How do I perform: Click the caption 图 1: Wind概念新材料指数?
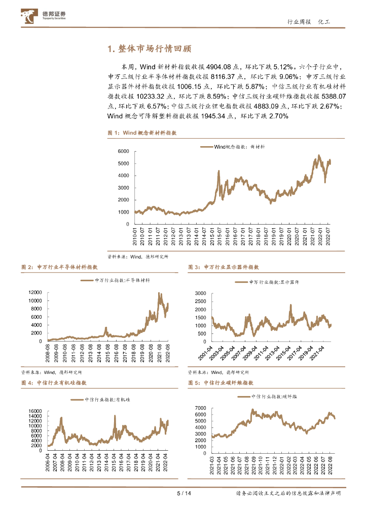coord(142,133)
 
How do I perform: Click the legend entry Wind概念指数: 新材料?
coord(236,146)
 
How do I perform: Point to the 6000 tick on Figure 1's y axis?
coord(123,152)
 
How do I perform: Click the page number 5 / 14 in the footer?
coord(183,494)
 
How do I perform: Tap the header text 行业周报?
coord(299,22)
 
